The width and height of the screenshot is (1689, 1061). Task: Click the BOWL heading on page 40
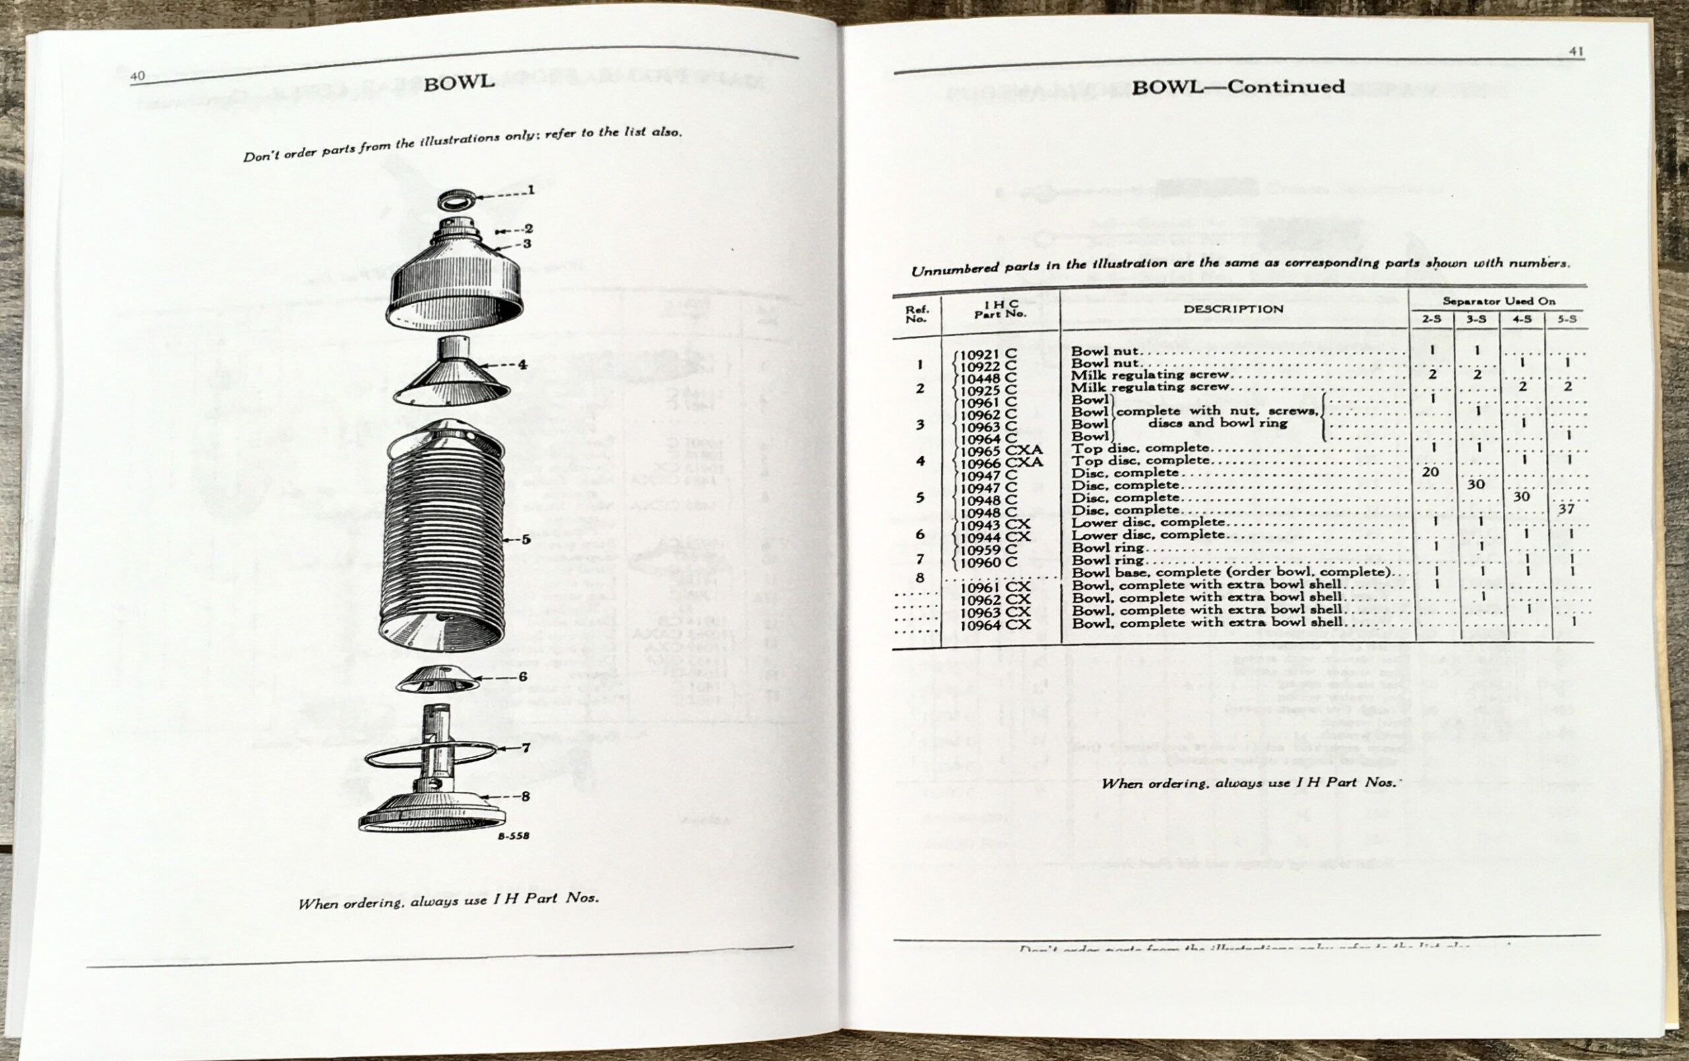pos(459,82)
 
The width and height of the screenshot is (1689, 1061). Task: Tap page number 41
pos(1576,51)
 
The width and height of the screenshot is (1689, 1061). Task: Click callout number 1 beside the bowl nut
pos(531,190)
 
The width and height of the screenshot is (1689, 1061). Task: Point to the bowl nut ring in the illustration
pos(456,201)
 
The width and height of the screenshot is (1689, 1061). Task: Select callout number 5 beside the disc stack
pos(525,539)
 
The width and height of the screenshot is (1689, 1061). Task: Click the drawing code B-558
pos(513,836)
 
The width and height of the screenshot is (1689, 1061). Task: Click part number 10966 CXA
pos(1001,463)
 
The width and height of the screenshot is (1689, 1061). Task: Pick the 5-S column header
pos(1567,319)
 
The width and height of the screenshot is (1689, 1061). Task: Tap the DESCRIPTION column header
pos(1233,309)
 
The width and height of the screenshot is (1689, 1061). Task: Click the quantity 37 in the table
pos(1566,509)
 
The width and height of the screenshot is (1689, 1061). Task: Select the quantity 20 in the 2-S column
pos(1430,472)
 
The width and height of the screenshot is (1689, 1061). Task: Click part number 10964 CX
pos(995,625)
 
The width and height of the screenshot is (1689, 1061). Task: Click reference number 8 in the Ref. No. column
pos(920,578)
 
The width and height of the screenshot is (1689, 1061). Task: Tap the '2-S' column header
pos(1432,319)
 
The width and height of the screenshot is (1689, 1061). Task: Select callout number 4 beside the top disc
pos(522,364)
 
